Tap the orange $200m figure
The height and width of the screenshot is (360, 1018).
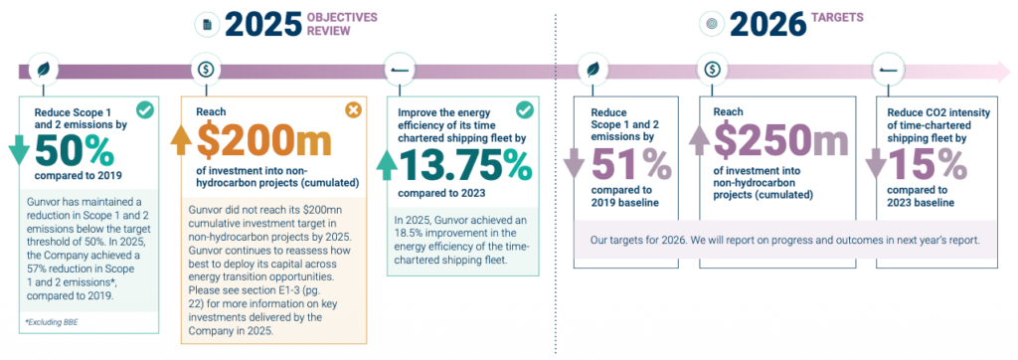(x=263, y=141)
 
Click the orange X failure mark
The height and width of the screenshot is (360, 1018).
(x=353, y=110)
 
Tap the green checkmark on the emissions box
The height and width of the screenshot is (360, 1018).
(x=145, y=110)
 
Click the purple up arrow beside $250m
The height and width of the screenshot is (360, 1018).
(x=699, y=139)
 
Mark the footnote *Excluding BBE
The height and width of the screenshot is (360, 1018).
(x=51, y=322)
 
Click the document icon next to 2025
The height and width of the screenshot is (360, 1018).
(x=207, y=25)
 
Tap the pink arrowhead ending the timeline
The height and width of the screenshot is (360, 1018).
(x=1002, y=70)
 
